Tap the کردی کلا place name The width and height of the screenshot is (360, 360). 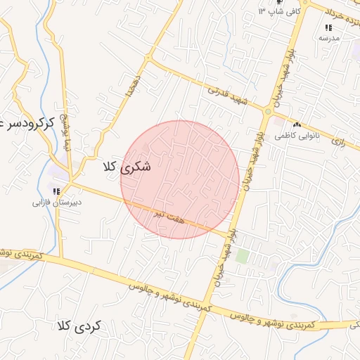pos(79,326)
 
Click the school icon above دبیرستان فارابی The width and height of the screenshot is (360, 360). pos(56,191)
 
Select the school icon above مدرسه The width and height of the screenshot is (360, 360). pos(328,27)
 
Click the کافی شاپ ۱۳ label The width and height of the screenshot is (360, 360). pos(279,12)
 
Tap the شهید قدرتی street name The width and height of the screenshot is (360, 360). pos(228,96)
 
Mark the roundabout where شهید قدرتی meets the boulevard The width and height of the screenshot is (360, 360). pos(268,111)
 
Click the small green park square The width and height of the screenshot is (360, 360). pos(242,256)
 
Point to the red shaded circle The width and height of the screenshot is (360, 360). pos(180,179)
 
